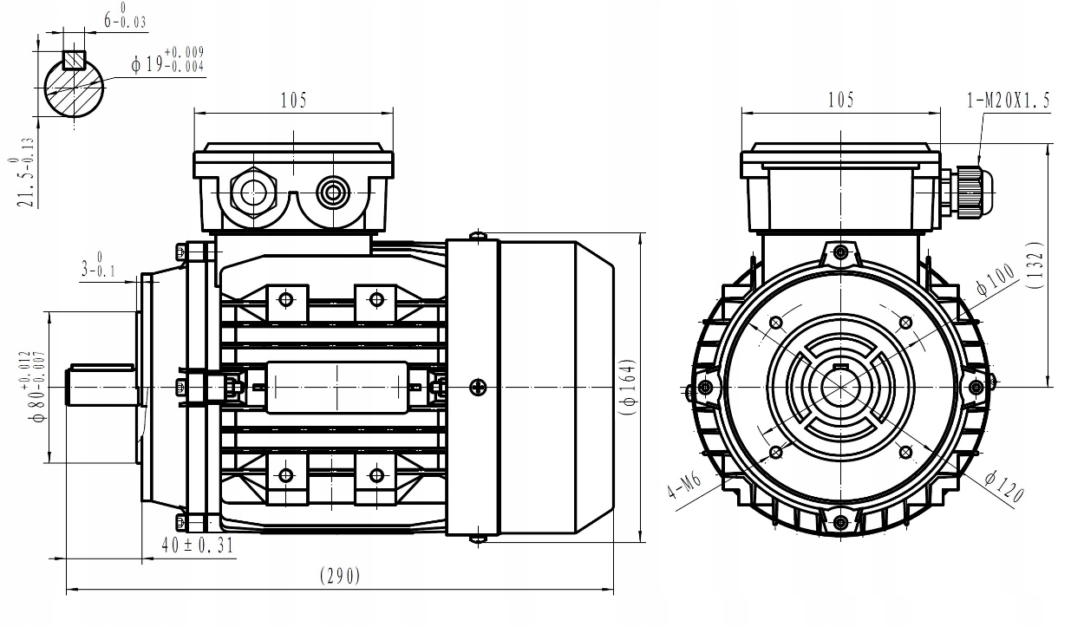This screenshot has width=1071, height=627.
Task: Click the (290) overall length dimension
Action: tap(340, 576)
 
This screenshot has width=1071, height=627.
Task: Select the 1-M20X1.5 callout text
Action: tap(1008, 101)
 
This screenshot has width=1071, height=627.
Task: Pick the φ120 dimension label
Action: tap(1005, 487)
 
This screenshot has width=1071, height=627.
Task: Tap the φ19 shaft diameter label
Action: tap(168, 62)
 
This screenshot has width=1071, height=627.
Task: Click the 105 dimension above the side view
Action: tap(293, 101)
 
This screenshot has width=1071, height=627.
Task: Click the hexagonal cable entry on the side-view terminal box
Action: tap(253, 192)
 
